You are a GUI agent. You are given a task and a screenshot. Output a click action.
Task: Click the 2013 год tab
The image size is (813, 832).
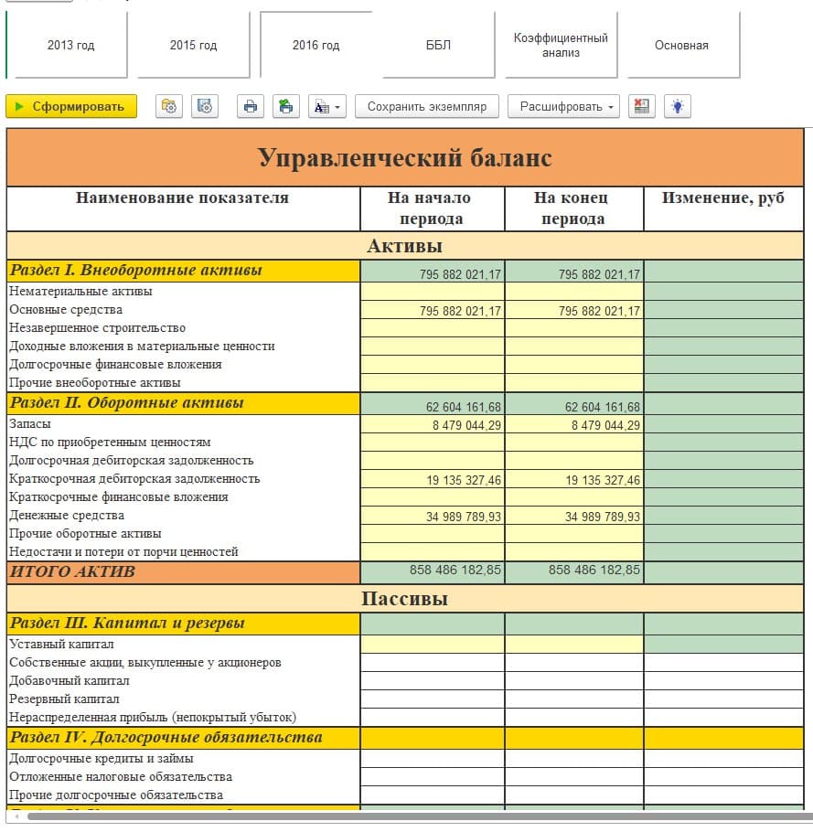70,45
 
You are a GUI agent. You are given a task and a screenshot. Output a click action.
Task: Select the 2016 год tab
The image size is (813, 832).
316,45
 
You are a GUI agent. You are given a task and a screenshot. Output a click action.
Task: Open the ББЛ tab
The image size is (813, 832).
438,45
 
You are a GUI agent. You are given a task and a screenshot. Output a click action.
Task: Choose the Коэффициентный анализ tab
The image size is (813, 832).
561,45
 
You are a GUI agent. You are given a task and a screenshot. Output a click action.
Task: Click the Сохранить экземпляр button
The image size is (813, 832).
427,107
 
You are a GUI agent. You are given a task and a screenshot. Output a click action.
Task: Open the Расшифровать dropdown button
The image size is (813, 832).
563,107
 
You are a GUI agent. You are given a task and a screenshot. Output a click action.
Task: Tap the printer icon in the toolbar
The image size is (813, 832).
250,107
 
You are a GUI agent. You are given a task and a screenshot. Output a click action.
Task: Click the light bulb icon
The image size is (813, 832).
677,107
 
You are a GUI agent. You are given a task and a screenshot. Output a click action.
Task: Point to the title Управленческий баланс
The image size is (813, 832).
405,158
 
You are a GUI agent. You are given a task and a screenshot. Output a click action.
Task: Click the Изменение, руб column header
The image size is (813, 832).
723,198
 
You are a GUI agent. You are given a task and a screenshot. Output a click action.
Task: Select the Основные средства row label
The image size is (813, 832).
66,310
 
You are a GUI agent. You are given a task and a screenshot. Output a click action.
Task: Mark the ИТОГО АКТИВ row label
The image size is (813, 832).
72,571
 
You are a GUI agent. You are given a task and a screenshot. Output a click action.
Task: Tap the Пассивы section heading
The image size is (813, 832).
405,600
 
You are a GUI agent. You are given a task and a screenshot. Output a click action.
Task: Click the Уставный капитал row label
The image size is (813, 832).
61,644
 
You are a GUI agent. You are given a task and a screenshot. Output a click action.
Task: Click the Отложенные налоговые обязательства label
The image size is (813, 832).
121,776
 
